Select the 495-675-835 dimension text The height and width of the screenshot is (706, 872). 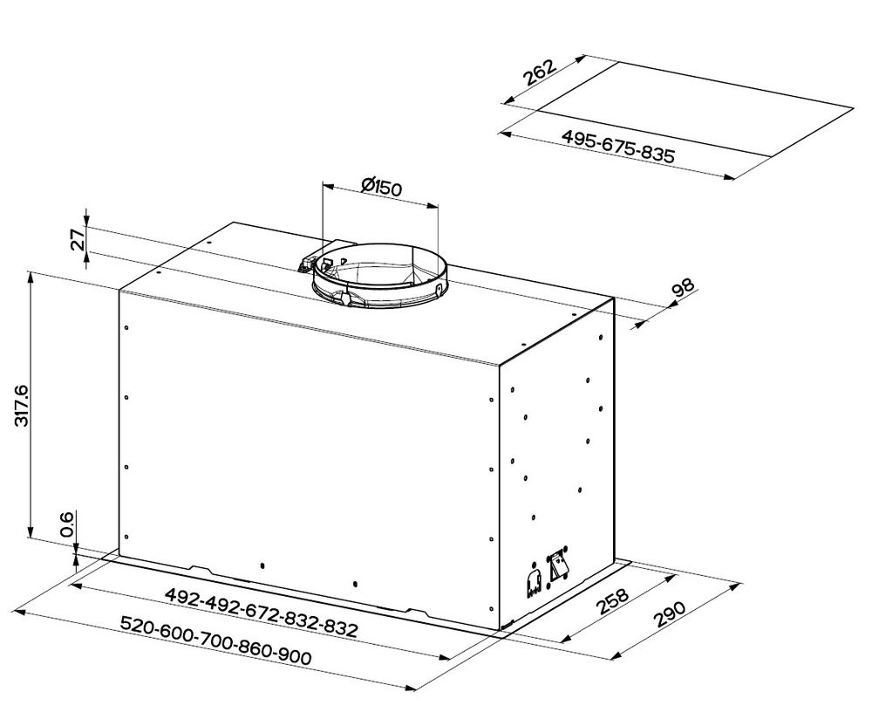tap(618, 146)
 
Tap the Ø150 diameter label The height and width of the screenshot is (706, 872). tap(380, 186)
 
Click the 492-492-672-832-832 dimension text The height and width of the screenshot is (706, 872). tap(262, 612)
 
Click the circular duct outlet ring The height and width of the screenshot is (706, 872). tap(378, 275)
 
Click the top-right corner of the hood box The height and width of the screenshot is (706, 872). tap(614, 298)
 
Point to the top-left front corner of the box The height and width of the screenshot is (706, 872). tap(119, 290)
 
